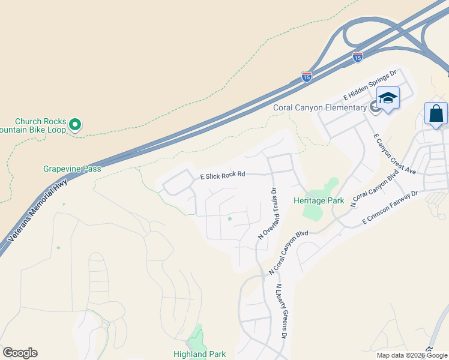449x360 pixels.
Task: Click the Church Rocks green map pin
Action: [x=75, y=125]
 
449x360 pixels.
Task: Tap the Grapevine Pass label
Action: [x=72, y=169]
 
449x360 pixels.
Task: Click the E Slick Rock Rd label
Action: [x=223, y=175]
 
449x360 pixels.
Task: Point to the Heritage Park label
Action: [x=318, y=200]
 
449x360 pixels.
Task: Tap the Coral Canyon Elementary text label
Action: [x=319, y=107]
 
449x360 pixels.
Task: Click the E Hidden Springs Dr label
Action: [x=370, y=85]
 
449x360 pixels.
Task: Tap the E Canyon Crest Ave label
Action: [x=394, y=154]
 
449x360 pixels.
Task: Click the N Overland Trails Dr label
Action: [x=267, y=214]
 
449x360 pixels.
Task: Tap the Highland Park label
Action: [x=200, y=354]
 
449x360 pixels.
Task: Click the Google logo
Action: [x=20, y=353]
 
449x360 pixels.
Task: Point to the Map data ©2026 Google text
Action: [x=411, y=355]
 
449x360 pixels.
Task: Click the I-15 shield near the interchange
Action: [x=358, y=57]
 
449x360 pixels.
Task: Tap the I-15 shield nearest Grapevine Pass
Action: [x=306, y=77]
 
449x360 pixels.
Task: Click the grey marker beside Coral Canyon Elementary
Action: [x=375, y=107]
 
